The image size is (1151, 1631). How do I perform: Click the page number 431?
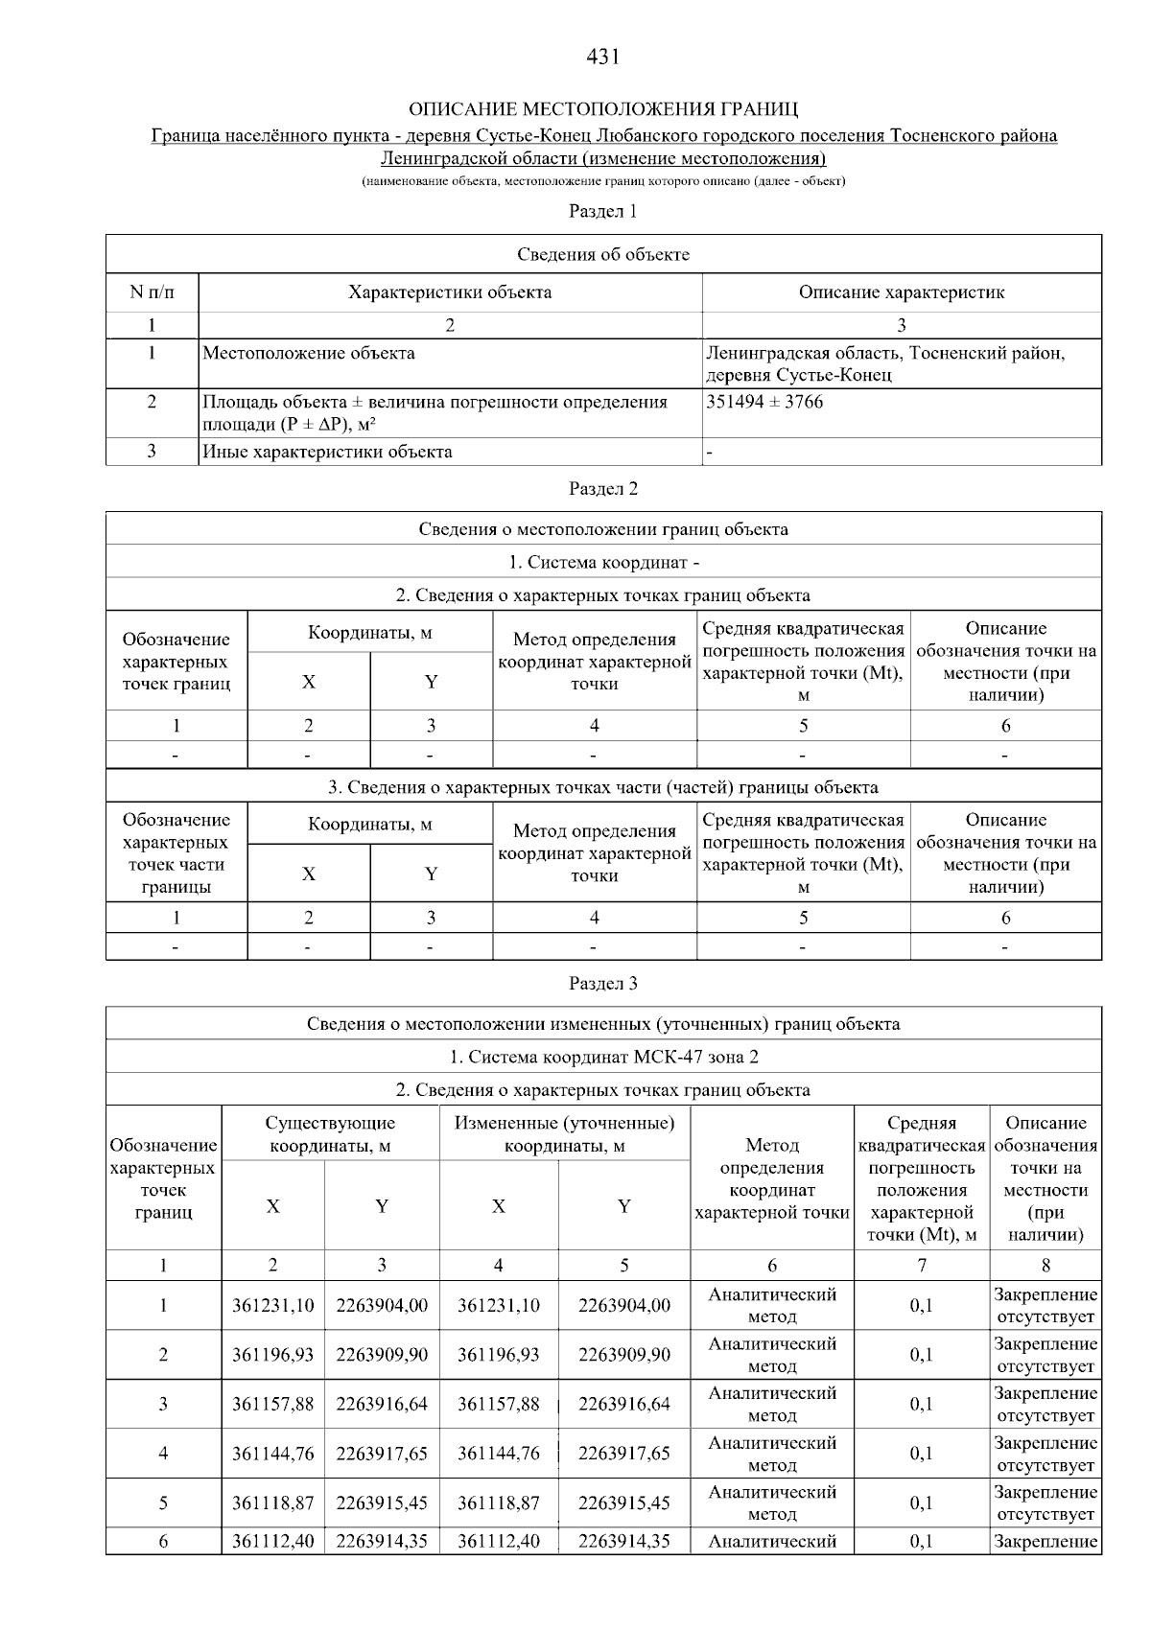click(x=602, y=58)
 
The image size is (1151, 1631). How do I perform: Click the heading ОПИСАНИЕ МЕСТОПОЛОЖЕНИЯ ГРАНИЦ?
click(x=603, y=108)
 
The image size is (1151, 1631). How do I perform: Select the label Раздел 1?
click(x=602, y=211)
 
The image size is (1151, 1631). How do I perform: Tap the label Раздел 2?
click(x=602, y=489)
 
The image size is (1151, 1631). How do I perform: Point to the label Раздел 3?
click(x=602, y=984)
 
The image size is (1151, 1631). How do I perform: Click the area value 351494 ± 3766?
click(x=764, y=402)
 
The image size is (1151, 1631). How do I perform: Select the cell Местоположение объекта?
click(x=309, y=354)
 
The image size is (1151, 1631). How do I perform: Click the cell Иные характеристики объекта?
click(x=327, y=452)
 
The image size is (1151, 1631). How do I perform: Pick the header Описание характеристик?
click(x=901, y=292)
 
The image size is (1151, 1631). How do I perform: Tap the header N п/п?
click(x=152, y=292)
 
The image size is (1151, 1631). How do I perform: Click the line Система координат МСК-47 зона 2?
click(x=603, y=1057)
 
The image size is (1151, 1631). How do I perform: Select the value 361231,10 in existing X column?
click(x=272, y=1306)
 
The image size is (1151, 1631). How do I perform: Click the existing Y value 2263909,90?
click(x=382, y=1355)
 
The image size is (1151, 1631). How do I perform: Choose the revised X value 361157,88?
click(x=498, y=1405)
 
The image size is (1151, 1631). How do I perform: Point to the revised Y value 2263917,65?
click(x=623, y=1454)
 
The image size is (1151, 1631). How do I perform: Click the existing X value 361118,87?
click(x=272, y=1503)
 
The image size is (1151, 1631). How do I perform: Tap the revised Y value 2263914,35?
click(x=623, y=1541)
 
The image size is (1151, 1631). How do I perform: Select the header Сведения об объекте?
click(x=603, y=254)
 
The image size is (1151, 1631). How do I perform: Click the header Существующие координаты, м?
click(x=330, y=1134)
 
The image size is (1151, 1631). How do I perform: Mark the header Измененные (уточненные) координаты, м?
click(x=564, y=1134)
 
